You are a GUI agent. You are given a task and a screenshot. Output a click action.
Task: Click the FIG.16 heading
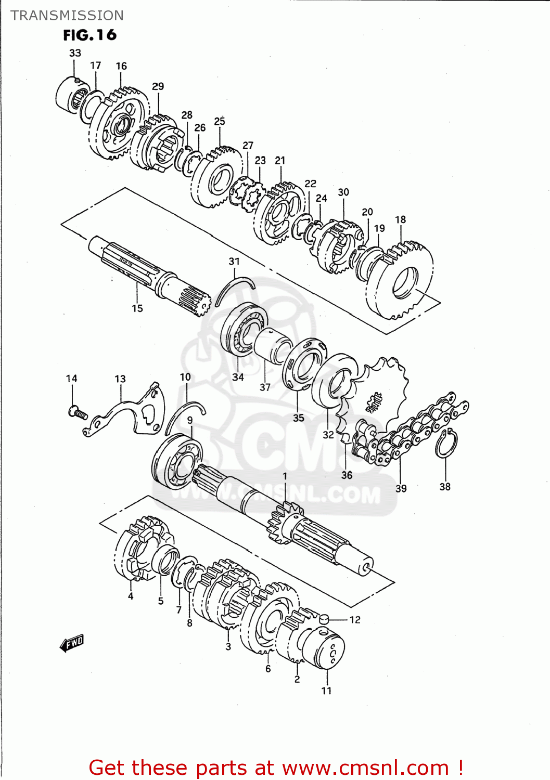(89, 35)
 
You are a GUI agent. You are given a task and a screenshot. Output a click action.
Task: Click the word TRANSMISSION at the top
(67, 16)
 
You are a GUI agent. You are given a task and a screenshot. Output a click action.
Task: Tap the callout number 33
(75, 53)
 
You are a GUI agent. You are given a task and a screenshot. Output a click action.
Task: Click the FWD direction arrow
(72, 644)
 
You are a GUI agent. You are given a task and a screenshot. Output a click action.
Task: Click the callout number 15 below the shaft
(137, 308)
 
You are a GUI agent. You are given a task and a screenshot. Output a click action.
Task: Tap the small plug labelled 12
(324, 618)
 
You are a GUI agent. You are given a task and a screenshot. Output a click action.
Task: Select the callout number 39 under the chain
(401, 488)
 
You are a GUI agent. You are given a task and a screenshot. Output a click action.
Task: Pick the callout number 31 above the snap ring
(234, 261)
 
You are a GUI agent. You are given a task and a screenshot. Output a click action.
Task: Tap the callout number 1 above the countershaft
(285, 476)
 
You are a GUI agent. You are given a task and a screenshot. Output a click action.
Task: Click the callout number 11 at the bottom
(326, 691)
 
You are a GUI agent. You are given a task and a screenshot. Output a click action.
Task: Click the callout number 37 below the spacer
(265, 387)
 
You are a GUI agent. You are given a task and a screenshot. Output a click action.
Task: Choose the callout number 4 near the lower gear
(131, 596)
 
